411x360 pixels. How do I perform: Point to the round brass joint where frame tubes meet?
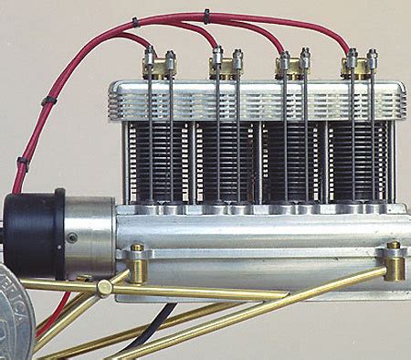[105, 287]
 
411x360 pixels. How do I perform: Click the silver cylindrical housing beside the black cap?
[89, 237]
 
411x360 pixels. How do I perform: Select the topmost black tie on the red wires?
[206, 15]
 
